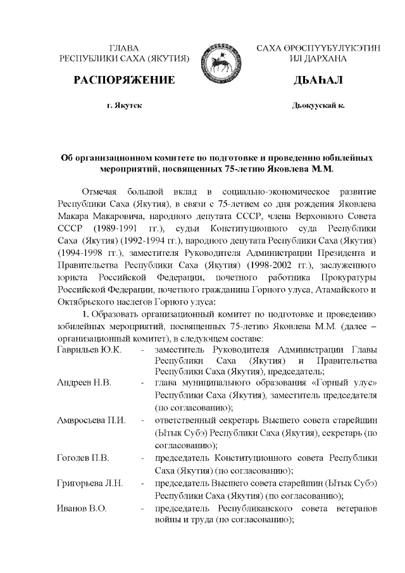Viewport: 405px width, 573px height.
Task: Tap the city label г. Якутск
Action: [124, 104]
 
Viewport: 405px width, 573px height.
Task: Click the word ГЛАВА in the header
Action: [124, 48]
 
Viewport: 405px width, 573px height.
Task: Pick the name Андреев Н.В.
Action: [84, 384]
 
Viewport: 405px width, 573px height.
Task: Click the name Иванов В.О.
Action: [82, 508]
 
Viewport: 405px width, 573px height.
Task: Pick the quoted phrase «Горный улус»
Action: [346, 384]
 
